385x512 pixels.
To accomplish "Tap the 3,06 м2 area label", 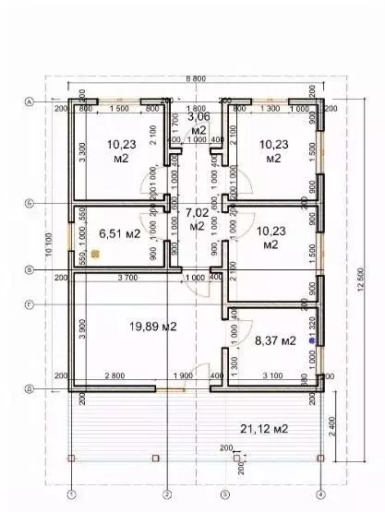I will (x=198, y=124).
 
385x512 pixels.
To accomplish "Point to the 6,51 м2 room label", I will (x=119, y=233).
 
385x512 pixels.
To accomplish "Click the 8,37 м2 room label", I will (x=275, y=340).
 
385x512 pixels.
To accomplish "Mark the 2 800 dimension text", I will (x=114, y=376).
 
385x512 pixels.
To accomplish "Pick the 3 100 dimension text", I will (x=272, y=376).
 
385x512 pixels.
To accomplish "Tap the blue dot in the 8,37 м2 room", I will (x=312, y=341).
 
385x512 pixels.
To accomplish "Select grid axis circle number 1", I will (x=70, y=494).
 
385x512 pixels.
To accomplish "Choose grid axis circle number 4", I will (x=319, y=494).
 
